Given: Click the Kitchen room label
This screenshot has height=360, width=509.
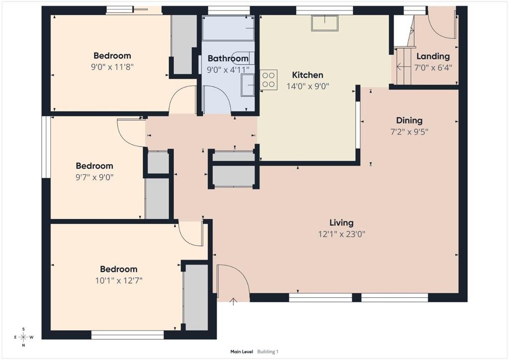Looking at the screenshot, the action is (x=307, y=75).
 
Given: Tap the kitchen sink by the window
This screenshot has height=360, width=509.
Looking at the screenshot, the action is (x=325, y=23).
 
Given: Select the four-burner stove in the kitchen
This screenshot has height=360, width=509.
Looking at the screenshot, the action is (x=268, y=80).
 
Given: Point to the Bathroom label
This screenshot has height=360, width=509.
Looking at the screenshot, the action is (x=228, y=59).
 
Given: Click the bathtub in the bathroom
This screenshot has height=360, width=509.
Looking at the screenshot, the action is (x=228, y=28).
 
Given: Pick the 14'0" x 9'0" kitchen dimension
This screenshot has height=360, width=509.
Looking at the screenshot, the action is (x=308, y=87).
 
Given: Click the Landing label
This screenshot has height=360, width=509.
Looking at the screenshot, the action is (x=433, y=56).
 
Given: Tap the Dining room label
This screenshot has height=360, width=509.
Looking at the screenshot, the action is (x=410, y=120).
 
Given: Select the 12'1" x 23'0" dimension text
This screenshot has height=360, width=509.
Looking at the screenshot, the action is (x=341, y=234).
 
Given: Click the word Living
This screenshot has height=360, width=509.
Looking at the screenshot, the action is (x=341, y=223).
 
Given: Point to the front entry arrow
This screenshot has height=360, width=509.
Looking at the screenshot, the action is (x=233, y=301).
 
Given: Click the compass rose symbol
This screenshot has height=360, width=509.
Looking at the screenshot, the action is (x=23, y=337).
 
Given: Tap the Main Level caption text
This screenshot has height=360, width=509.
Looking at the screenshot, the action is (x=242, y=352).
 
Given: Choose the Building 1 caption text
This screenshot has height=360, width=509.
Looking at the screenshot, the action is (x=268, y=352).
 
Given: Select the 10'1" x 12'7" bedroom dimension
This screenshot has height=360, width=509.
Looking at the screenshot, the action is (x=119, y=280).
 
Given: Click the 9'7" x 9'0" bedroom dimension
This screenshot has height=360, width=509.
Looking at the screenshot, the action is (x=94, y=177).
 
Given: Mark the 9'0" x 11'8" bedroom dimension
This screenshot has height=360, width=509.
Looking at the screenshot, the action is (x=112, y=67).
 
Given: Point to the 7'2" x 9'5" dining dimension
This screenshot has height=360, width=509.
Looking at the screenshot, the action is (x=410, y=132).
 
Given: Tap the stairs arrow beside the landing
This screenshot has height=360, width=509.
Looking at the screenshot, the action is (x=403, y=67).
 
